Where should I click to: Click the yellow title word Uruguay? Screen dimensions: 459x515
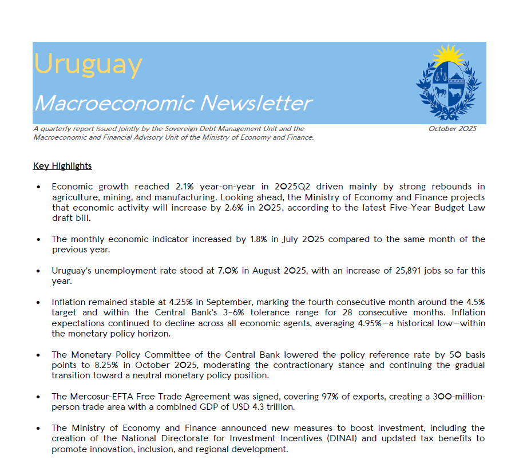click(88, 65)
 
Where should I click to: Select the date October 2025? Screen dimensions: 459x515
click(452, 129)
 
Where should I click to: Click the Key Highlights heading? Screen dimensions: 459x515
click(62, 166)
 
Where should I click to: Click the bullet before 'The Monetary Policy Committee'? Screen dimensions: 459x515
click(38, 355)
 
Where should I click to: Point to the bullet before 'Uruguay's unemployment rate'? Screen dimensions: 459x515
click(38, 270)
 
